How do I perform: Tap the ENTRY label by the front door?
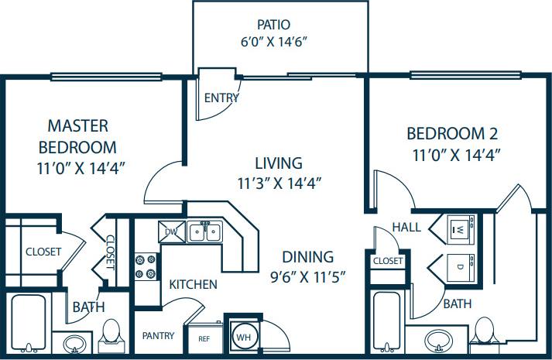coord(221,98)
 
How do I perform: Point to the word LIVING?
coord(278,163)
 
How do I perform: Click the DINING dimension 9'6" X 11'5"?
coord(307,275)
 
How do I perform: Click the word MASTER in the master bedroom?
coord(77,125)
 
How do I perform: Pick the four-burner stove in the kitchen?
coord(145,266)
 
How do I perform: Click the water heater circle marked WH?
coord(244,337)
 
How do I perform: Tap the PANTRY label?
coord(157,336)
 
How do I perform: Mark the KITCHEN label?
coord(193,284)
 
